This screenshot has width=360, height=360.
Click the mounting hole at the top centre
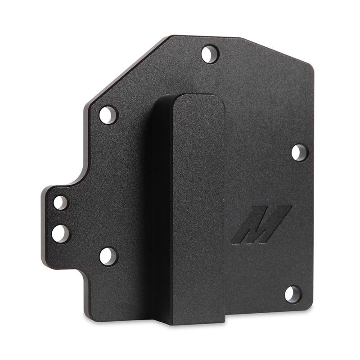click(x=209, y=54)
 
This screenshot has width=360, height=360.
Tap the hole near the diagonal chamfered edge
click(x=108, y=115)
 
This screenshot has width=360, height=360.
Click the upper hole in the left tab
click(x=61, y=202)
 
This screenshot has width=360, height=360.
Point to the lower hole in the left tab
click(x=61, y=233)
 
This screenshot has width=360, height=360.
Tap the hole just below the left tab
click(x=108, y=256)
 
